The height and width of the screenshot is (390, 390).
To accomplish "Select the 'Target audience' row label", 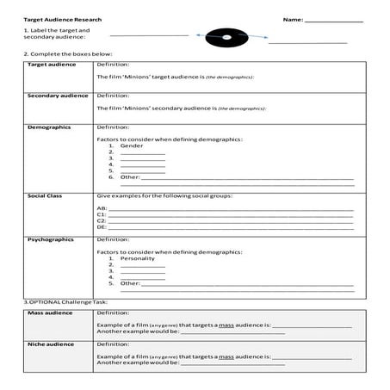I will pyautogui.click(x=52, y=65).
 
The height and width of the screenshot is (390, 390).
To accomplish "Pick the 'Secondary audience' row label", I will pyautogui.click(x=58, y=96).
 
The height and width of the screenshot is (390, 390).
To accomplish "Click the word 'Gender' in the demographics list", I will pyautogui.click(x=132, y=146).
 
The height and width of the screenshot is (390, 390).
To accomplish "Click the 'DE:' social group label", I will pyautogui.click(x=102, y=226).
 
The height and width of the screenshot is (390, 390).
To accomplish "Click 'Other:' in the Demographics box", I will pyautogui.click(x=130, y=177).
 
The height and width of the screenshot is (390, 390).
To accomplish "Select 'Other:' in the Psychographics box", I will pyautogui.click(x=130, y=282).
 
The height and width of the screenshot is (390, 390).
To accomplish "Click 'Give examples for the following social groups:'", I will pyautogui.click(x=164, y=196).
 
